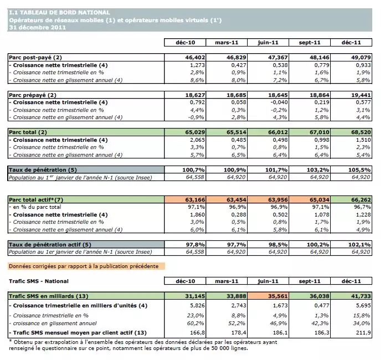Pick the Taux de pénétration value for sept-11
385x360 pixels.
coord(312,169)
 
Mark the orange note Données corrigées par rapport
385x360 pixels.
coord(84,266)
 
